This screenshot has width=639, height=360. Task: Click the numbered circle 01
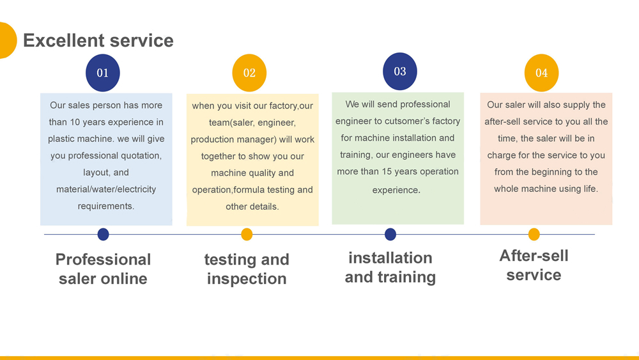coord(103,73)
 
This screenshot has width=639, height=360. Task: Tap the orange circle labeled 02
coord(249,73)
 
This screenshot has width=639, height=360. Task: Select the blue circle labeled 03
coord(400,72)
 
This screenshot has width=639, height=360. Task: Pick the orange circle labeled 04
coord(542,73)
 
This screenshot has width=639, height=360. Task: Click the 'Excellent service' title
coord(98,40)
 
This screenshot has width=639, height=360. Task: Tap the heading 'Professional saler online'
coord(103,269)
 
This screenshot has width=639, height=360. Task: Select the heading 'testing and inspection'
coord(247,269)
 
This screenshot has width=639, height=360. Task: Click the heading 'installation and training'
coord(390,267)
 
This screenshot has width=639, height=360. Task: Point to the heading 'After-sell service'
coord(534,265)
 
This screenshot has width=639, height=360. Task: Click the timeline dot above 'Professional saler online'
coord(103,235)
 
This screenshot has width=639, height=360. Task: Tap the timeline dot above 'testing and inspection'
coord(247,235)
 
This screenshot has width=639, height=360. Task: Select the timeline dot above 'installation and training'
coord(390,235)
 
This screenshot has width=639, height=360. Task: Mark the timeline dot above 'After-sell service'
coord(534,235)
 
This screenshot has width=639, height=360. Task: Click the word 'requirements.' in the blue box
coord(106,206)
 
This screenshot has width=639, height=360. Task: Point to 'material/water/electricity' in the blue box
coord(106,189)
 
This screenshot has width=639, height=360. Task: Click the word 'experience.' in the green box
coord(396,190)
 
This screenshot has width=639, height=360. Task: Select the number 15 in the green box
coord(386,171)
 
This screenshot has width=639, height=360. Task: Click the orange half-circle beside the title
coord(7,40)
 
